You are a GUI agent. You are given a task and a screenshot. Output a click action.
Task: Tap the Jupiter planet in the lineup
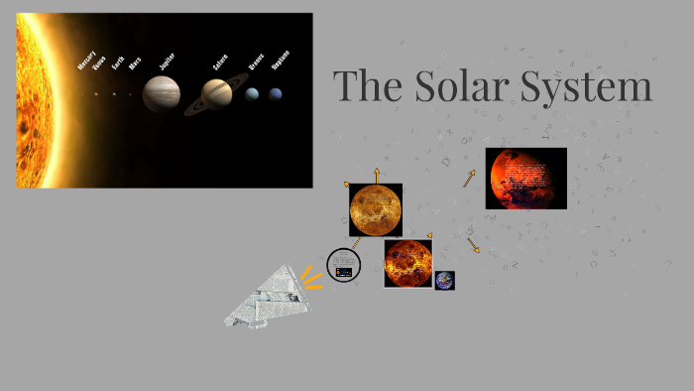pos(162,94)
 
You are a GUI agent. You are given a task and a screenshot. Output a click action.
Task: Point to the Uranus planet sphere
pos(253,94)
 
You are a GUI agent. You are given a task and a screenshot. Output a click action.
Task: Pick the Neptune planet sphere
pos(275,94)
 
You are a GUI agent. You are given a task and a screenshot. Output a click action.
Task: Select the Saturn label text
pos(220,62)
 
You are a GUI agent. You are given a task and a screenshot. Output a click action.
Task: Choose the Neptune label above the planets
pos(281,60)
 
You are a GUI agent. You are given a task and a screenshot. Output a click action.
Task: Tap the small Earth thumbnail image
pos(444,280)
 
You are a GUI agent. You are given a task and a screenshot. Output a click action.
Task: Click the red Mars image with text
pos(525,179)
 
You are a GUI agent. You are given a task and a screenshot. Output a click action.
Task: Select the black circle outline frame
pos(343,265)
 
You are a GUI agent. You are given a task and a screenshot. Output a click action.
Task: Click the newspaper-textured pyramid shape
pos(266,297)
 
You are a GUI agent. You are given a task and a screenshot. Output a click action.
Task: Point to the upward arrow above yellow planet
pos(377,175)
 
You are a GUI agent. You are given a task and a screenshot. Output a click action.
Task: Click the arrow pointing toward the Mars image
pos(469,179)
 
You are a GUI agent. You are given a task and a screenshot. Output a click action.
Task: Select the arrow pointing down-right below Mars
pos(474,245)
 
